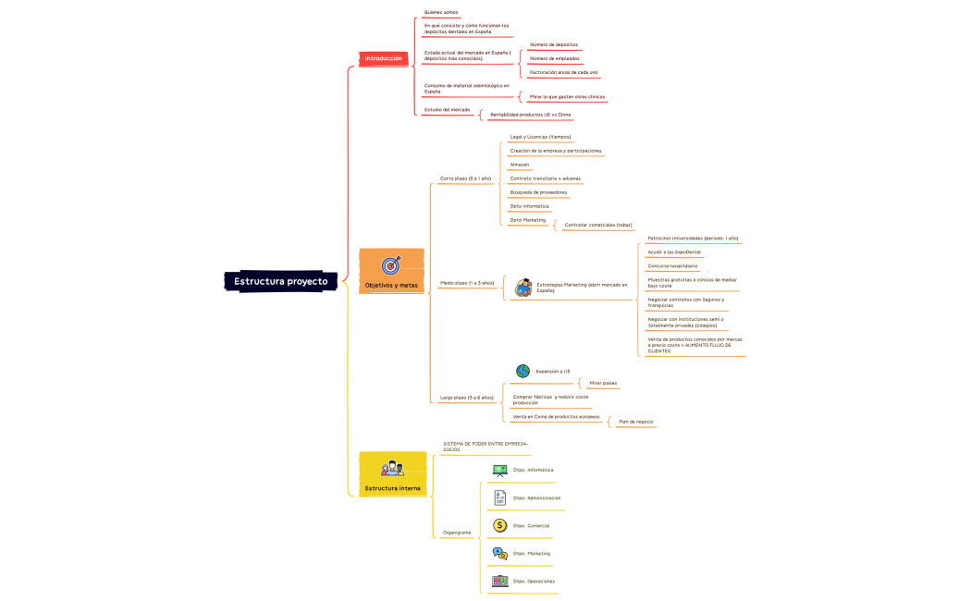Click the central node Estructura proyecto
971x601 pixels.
280,281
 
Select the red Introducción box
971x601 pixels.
383,58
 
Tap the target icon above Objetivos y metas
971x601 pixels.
391,265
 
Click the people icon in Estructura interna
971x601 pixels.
392,469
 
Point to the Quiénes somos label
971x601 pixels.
441,12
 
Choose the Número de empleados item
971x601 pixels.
555,58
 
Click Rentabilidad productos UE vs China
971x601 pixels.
530,115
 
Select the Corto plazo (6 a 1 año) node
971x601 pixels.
465,178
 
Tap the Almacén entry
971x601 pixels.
520,165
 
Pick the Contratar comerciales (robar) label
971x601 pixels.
598,225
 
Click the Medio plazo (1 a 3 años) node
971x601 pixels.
467,283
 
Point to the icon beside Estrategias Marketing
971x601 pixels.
523,288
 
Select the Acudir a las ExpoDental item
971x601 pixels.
674,251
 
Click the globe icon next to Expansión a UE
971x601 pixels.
522,371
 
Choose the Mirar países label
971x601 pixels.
603,383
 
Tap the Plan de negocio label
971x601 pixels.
635,422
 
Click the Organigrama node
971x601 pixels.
457,533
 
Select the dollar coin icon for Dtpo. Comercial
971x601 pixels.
500,525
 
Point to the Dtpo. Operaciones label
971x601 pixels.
534,582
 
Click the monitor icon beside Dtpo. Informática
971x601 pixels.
500,470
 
